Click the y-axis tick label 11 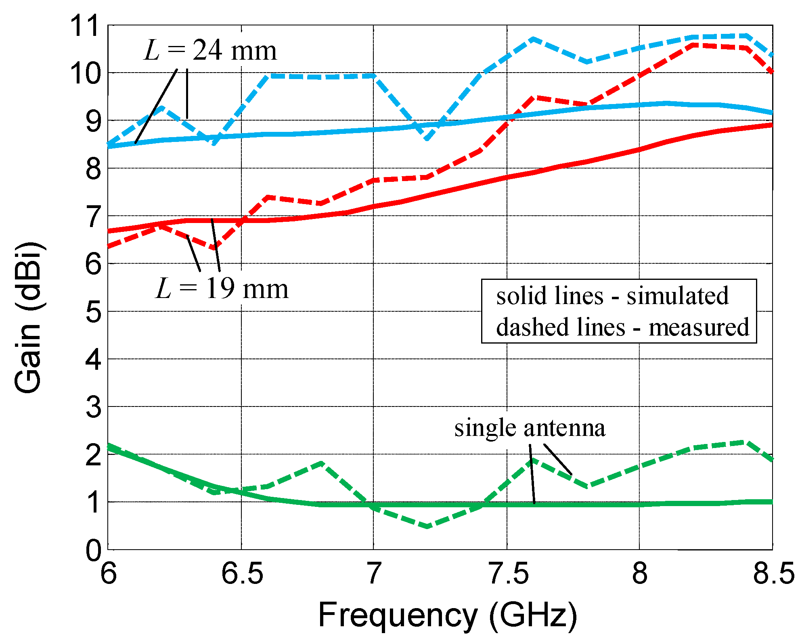84,26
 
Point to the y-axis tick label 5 94,312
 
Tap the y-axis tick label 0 94,550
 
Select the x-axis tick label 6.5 242,574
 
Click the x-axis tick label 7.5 507,574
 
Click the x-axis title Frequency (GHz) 447,615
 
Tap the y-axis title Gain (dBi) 27,317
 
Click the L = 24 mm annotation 210,51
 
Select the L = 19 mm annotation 222,289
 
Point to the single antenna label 530,428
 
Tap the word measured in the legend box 698,327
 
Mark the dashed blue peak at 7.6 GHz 533,39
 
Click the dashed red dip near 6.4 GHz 215,248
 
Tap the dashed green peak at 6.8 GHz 321,463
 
